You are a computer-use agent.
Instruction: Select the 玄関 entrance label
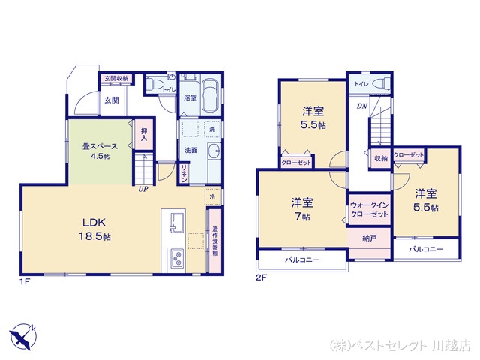pos(112,100)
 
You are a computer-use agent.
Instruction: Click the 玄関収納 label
pos(116,78)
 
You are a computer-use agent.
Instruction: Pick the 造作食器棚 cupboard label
pos(214,241)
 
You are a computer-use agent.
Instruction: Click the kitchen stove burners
pos(177,259)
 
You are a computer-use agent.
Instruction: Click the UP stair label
pos(142,189)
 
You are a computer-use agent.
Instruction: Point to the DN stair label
pos(361,106)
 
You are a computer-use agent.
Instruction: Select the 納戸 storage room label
pos(368,238)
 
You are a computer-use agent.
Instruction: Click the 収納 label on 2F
pos(379,158)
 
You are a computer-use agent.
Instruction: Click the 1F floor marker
pos(25,281)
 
